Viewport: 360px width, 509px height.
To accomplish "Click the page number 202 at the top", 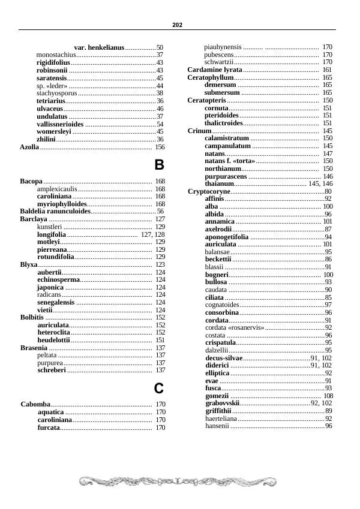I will point(177,25).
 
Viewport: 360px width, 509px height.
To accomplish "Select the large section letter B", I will point(159,165).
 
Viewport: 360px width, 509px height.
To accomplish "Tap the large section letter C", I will point(159,388).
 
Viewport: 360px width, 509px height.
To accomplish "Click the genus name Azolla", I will point(29,147).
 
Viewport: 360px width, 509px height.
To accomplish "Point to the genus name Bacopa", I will point(31,181).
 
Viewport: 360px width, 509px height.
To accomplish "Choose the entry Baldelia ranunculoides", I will point(55,212).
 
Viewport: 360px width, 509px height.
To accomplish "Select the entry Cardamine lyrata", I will point(215,70).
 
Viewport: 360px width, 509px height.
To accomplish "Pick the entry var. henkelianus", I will point(99,47).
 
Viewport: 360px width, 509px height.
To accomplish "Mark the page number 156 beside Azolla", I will point(160,147).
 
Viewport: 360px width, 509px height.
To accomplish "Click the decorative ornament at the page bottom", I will point(178,481).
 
